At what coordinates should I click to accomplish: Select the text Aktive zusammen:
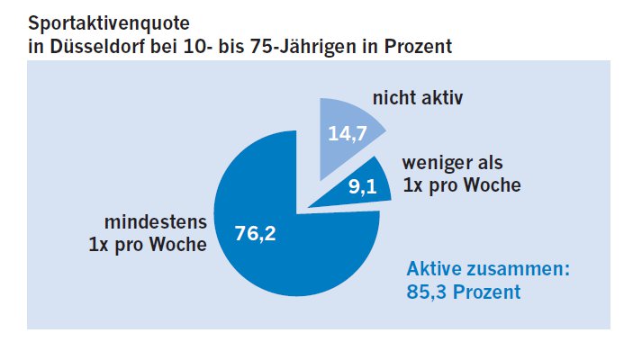pos(489,269)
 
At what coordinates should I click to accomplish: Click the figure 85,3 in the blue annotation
pos(427,292)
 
